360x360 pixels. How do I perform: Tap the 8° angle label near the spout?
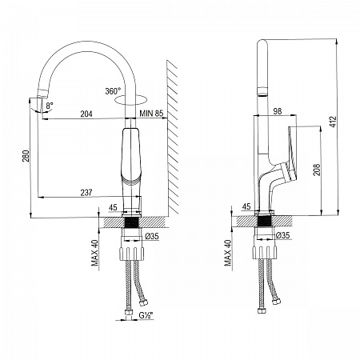[50, 106]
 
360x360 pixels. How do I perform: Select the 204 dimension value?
[86, 114]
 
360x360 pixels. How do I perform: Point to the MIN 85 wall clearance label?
[151, 114]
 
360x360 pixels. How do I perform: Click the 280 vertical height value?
[26, 156]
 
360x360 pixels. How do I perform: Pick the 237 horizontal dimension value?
[86, 193]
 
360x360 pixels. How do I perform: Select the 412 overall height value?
[334, 122]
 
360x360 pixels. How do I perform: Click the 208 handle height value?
[317, 170]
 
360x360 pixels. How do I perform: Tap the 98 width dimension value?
[278, 111]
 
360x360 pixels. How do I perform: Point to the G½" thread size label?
[146, 315]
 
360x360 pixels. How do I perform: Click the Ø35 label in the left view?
[152, 236]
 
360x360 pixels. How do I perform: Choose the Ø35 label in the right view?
[282, 235]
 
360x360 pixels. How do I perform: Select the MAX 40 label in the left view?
[94, 253]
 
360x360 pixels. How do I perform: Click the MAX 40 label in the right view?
[228, 253]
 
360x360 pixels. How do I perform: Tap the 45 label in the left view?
[113, 207]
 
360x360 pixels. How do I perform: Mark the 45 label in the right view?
[246, 206]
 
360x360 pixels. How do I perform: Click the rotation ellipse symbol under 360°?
[130, 100]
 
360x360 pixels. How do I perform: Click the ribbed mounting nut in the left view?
[131, 254]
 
